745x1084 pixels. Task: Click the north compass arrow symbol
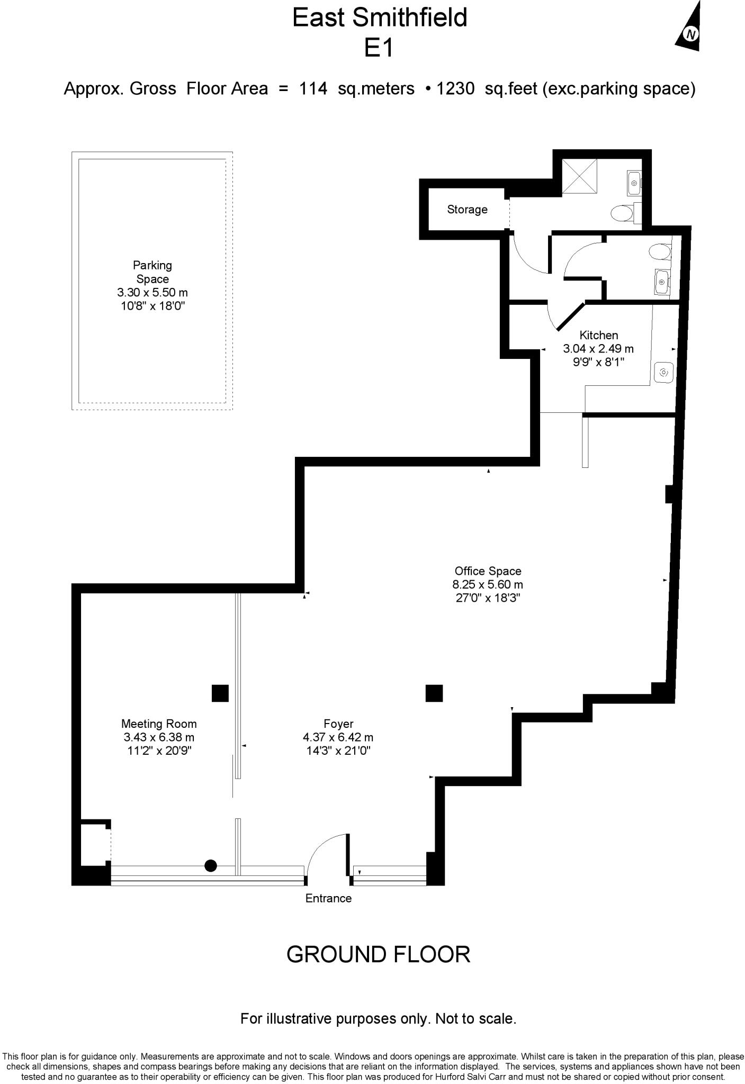pyautogui.click(x=689, y=30)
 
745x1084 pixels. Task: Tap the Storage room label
pyautogui.click(x=467, y=210)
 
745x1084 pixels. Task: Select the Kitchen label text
pyautogui.click(x=598, y=335)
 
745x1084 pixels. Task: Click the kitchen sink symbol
pyautogui.click(x=663, y=373)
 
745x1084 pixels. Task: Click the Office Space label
pyautogui.click(x=488, y=571)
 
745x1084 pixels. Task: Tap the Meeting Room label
pyautogui.click(x=159, y=724)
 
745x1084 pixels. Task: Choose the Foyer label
pyautogui.click(x=338, y=724)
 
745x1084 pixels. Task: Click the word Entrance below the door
pyautogui.click(x=328, y=898)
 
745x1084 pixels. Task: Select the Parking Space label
pyautogui.click(x=152, y=272)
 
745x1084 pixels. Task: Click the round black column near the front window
pyautogui.click(x=211, y=866)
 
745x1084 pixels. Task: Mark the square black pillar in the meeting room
pyautogui.click(x=220, y=693)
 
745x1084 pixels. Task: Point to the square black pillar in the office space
pyautogui.click(x=434, y=693)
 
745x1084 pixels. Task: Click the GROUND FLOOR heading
pyautogui.click(x=378, y=954)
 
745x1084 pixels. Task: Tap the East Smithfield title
pyautogui.click(x=380, y=17)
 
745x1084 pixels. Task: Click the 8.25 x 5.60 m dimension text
pyautogui.click(x=488, y=585)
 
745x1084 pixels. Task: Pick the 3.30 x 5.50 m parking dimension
pyautogui.click(x=152, y=292)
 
